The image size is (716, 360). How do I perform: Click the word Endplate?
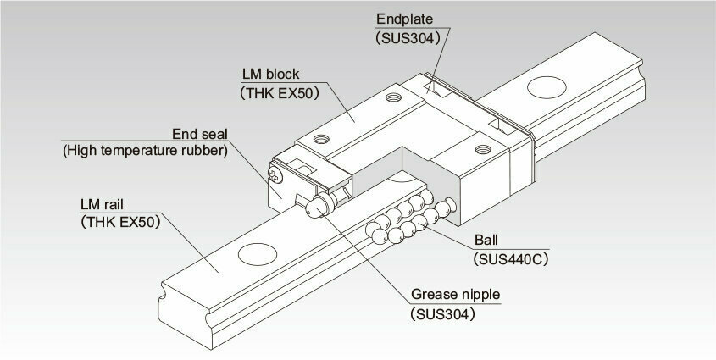pyautogui.click(x=404, y=19)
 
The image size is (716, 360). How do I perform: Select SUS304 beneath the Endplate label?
pyautogui.click(x=408, y=38)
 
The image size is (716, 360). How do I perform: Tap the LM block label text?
pyautogui.click(x=270, y=74)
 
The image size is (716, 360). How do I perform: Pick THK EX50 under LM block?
pyautogui.click(x=279, y=93)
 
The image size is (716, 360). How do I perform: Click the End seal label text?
pyautogui.click(x=200, y=134)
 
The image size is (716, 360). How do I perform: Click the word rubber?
pyautogui.click(x=207, y=151)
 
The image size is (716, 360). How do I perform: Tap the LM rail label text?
pyautogui.click(x=102, y=204)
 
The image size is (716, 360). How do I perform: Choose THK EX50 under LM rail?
pyautogui.click(x=120, y=222)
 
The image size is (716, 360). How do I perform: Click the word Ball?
pyautogui.click(x=486, y=240)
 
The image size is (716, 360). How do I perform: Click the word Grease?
pyautogui.click(x=432, y=294)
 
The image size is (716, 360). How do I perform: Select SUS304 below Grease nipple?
pyautogui.click(x=441, y=314)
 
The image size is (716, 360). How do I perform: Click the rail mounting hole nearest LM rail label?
pyautogui.click(x=258, y=254)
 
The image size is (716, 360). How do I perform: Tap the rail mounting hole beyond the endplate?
pyautogui.click(x=547, y=87)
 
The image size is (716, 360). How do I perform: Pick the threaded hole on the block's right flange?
pyautogui.click(x=483, y=149)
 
